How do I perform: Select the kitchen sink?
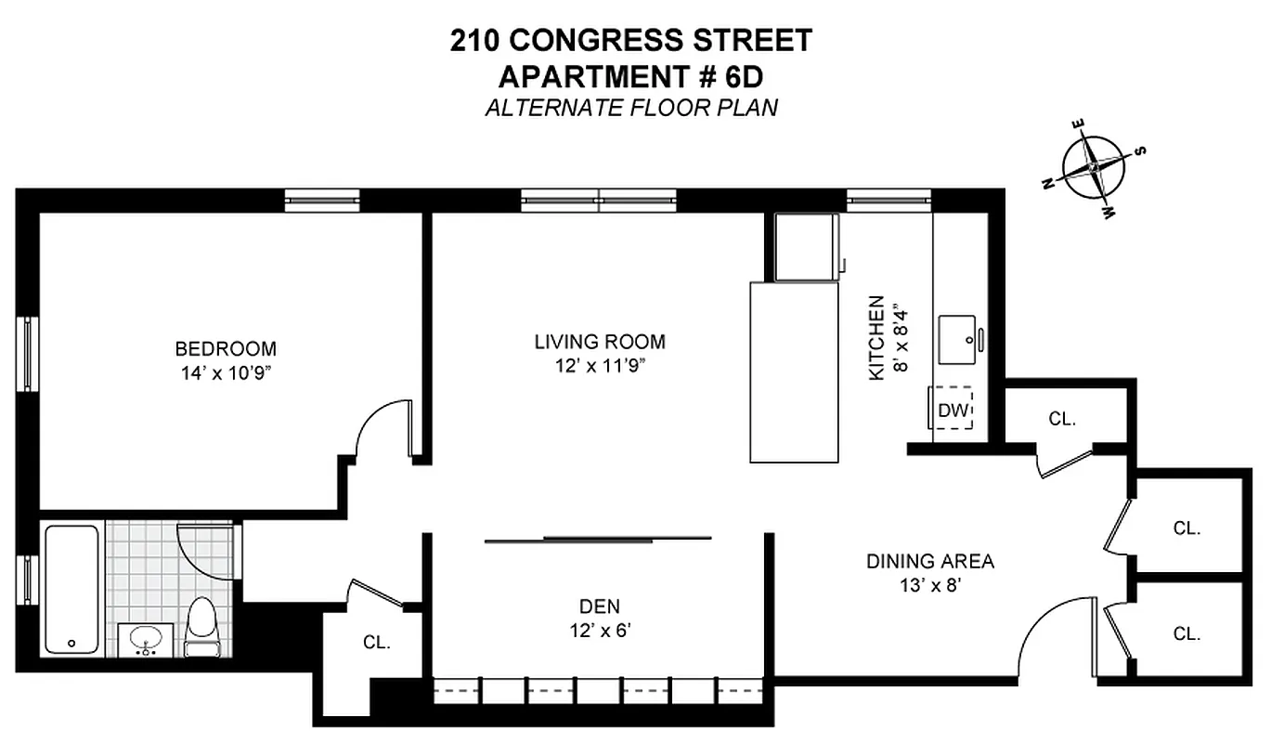tap(959, 339)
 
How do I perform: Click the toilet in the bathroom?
tap(201, 626)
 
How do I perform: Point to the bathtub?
tap(71, 589)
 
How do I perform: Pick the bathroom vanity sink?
tap(145, 640)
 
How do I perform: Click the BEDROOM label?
tap(226, 349)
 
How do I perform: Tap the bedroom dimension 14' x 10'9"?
tap(226, 373)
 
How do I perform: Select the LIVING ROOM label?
tap(599, 342)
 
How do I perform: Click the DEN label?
tap(599, 606)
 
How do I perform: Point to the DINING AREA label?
tap(929, 561)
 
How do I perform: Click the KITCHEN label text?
tap(875, 337)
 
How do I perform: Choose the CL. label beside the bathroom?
tap(376, 642)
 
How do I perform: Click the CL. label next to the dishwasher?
tap(1062, 419)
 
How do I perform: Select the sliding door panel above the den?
tap(599, 539)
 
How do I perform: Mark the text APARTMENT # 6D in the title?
tap(631, 74)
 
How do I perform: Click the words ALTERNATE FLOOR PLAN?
tap(631, 108)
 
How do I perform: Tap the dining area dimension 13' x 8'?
tap(929, 586)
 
